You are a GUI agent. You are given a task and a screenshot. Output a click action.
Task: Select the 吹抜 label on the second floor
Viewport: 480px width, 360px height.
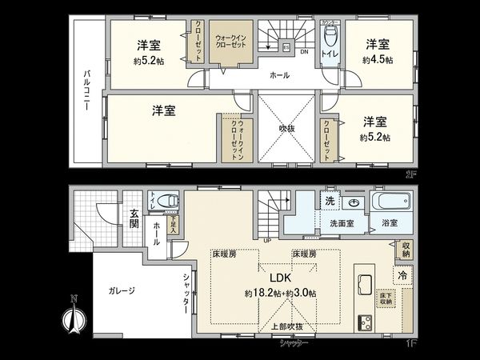[x=277, y=126]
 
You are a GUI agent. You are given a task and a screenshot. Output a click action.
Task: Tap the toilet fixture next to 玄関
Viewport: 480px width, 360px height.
[x=166, y=201]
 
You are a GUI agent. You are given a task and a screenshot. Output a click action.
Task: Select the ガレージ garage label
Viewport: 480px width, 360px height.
[x=121, y=290]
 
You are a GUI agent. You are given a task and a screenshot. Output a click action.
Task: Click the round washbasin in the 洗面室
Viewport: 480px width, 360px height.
[x=353, y=201]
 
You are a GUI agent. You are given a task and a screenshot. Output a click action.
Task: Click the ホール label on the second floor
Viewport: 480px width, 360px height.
[x=278, y=76]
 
